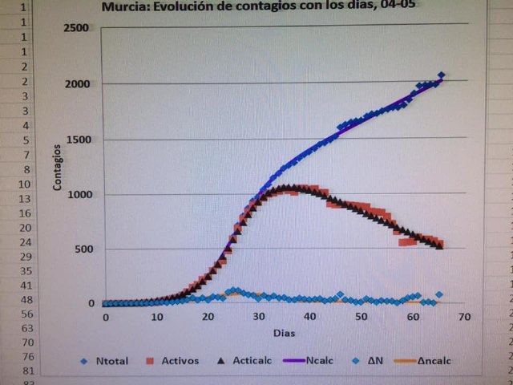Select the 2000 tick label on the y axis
[78, 84]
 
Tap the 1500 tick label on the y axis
[78, 140]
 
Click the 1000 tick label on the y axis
[78, 195]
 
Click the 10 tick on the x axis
[156, 318]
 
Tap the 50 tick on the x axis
[362, 318]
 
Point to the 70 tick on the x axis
[463, 318]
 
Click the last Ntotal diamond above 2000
[441, 75]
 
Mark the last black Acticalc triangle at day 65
[439, 245]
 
